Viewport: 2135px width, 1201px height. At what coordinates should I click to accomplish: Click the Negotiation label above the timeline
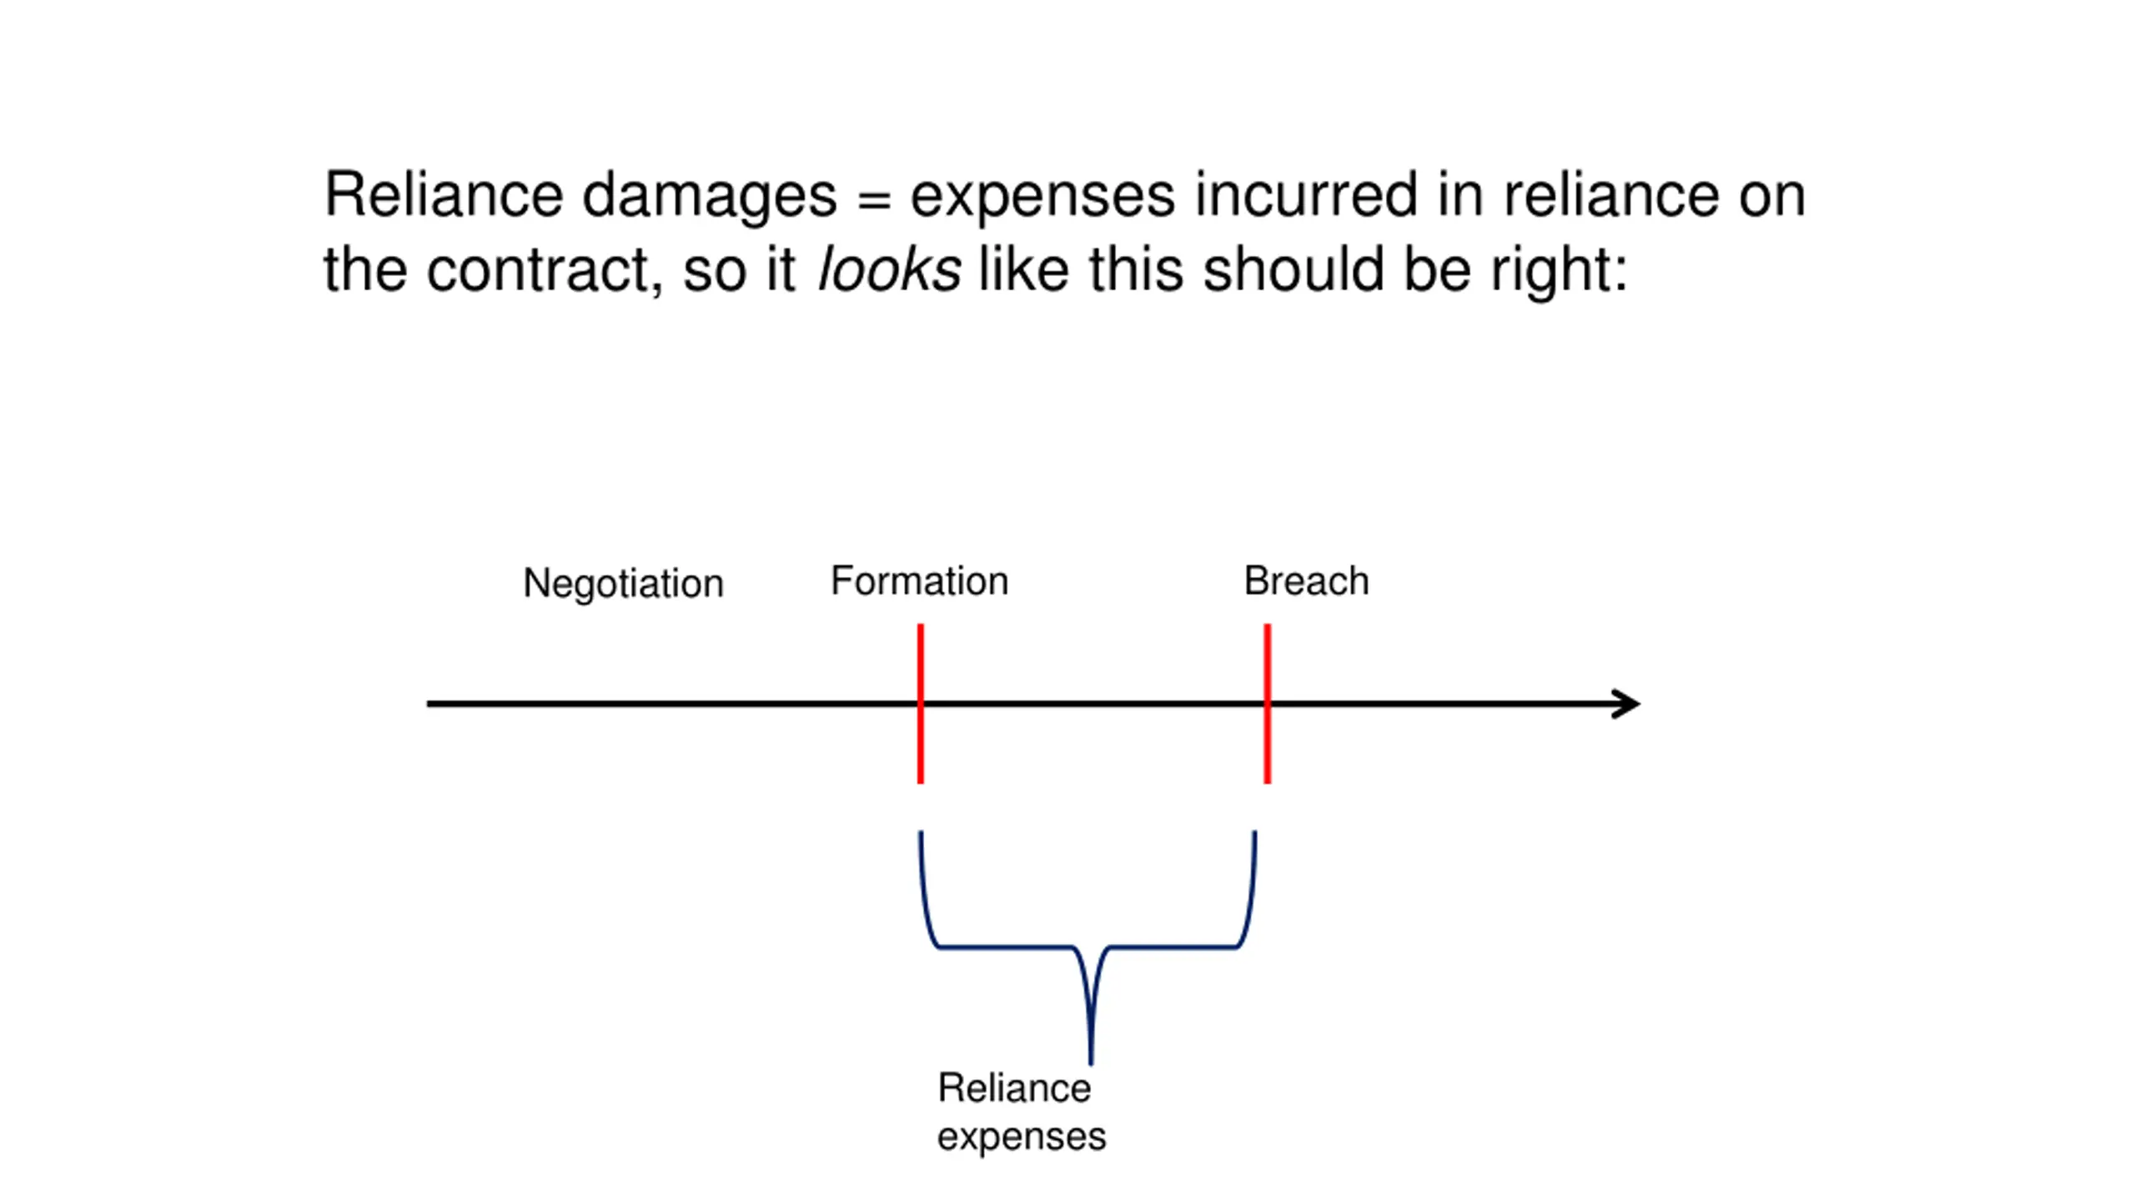(623, 584)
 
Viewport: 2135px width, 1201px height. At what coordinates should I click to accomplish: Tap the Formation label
(919, 580)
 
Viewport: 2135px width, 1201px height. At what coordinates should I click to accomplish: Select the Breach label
(1306, 580)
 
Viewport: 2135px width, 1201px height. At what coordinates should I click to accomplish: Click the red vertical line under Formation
(921, 703)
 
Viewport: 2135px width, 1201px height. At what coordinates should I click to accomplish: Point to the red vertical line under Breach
(1268, 703)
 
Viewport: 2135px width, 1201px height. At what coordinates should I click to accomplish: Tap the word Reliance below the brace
(1014, 1088)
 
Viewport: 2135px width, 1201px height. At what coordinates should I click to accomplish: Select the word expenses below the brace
(1022, 1138)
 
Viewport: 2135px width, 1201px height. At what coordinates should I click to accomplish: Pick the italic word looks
(890, 269)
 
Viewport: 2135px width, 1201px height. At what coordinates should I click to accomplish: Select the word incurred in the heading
(1306, 195)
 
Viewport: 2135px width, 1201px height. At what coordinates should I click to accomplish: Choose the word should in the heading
(1294, 269)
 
